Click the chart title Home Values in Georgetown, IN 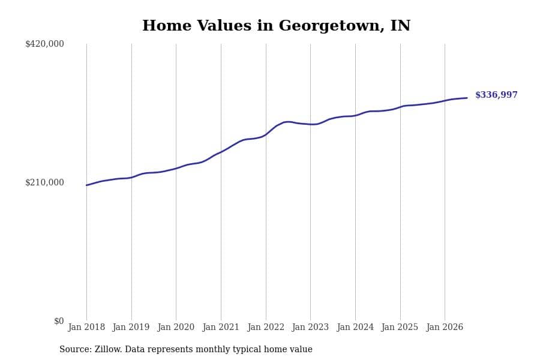click(276, 26)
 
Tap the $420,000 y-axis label click(44, 44)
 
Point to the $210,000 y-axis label click(44, 182)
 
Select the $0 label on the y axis click(59, 321)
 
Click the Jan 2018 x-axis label click(86, 327)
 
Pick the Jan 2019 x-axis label click(131, 327)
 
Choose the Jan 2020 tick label click(176, 327)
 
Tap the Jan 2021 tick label click(221, 327)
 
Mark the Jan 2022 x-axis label click(266, 327)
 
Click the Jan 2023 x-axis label click(310, 327)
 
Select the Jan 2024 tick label click(355, 327)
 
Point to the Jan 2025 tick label click(400, 327)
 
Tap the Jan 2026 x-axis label click(445, 327)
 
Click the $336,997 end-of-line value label click(496, 95)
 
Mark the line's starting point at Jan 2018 click(87, 185)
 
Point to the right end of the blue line click(467, 98)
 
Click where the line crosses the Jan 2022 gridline click(266, 134)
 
